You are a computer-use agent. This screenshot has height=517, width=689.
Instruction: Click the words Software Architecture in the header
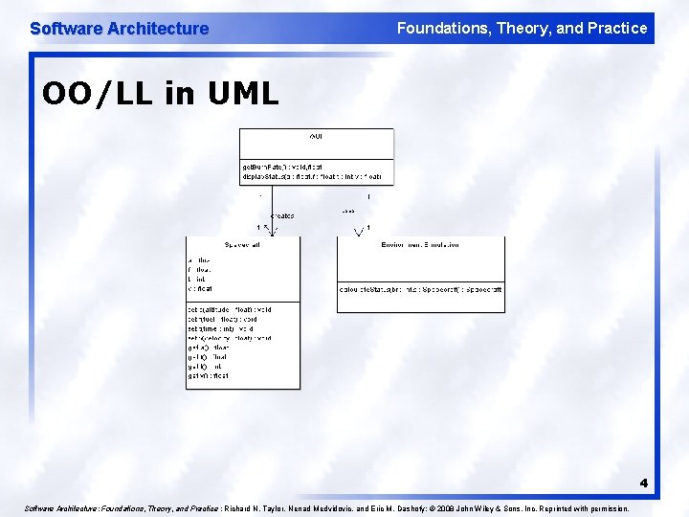119,29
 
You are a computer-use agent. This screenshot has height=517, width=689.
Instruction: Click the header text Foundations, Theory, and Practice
522,28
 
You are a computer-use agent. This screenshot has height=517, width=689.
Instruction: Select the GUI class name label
316,137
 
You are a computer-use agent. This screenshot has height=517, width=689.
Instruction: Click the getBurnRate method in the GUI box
282,167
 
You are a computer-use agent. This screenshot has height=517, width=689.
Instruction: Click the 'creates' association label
282,215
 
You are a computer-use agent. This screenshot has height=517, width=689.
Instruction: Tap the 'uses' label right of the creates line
347,211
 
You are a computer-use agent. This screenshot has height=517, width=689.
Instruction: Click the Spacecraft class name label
242,245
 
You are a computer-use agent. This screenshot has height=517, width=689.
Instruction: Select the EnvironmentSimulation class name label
419,245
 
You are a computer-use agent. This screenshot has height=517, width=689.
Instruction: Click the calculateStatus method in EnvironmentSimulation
420,288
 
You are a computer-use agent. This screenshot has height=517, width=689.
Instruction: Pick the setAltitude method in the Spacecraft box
230,309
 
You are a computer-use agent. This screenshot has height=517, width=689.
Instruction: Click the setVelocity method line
230,338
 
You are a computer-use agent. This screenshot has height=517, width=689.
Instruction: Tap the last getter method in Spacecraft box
209,376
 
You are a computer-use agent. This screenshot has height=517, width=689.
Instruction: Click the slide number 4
644,483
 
